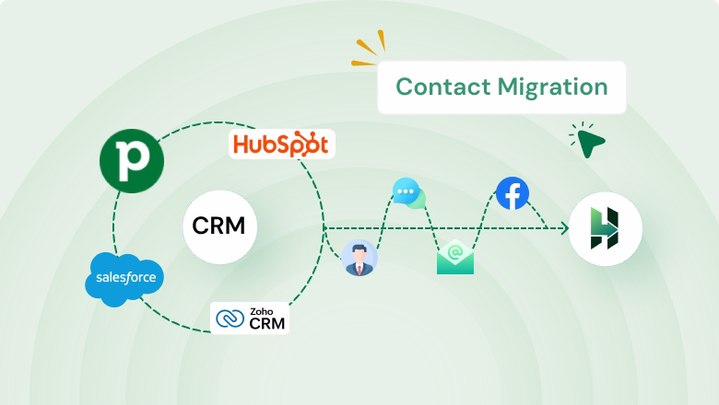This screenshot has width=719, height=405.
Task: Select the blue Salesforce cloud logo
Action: coord(124,275)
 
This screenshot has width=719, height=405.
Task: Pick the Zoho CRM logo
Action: coord(250,318)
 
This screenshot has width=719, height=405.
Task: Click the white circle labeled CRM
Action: coord(219,226)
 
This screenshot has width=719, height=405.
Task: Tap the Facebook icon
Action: coord(512,194)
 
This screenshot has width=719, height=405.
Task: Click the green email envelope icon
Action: coord(454,257)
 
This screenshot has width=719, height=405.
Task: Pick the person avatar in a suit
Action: coord(358,259)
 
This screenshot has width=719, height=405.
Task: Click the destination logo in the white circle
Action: coord(605,229)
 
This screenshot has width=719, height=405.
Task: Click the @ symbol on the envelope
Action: coord(454,250)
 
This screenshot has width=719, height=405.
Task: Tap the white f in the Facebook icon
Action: coord(513,195)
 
